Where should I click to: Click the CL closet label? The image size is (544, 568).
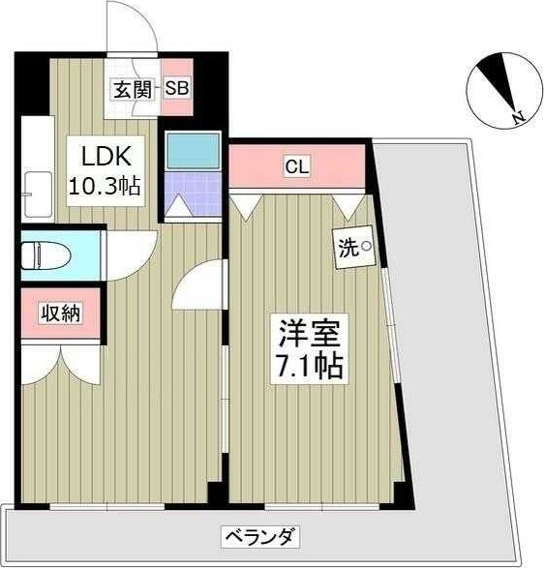296,166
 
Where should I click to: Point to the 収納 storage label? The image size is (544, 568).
59,313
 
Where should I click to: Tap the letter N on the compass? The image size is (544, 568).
519,119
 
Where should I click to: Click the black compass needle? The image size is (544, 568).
502,81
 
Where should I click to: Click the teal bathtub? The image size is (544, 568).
193,152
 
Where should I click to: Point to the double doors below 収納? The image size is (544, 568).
58,364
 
